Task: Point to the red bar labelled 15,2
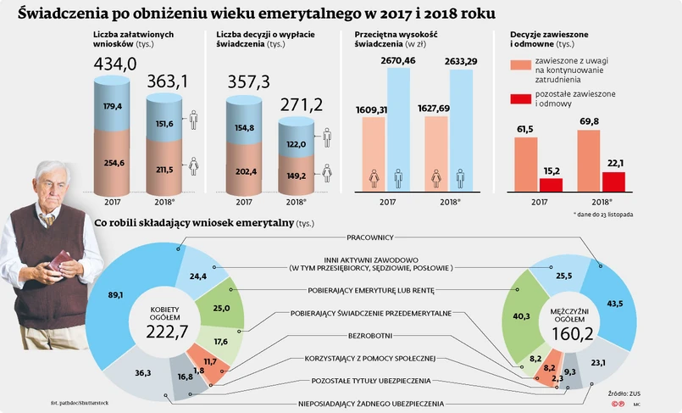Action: click(551, 185)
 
